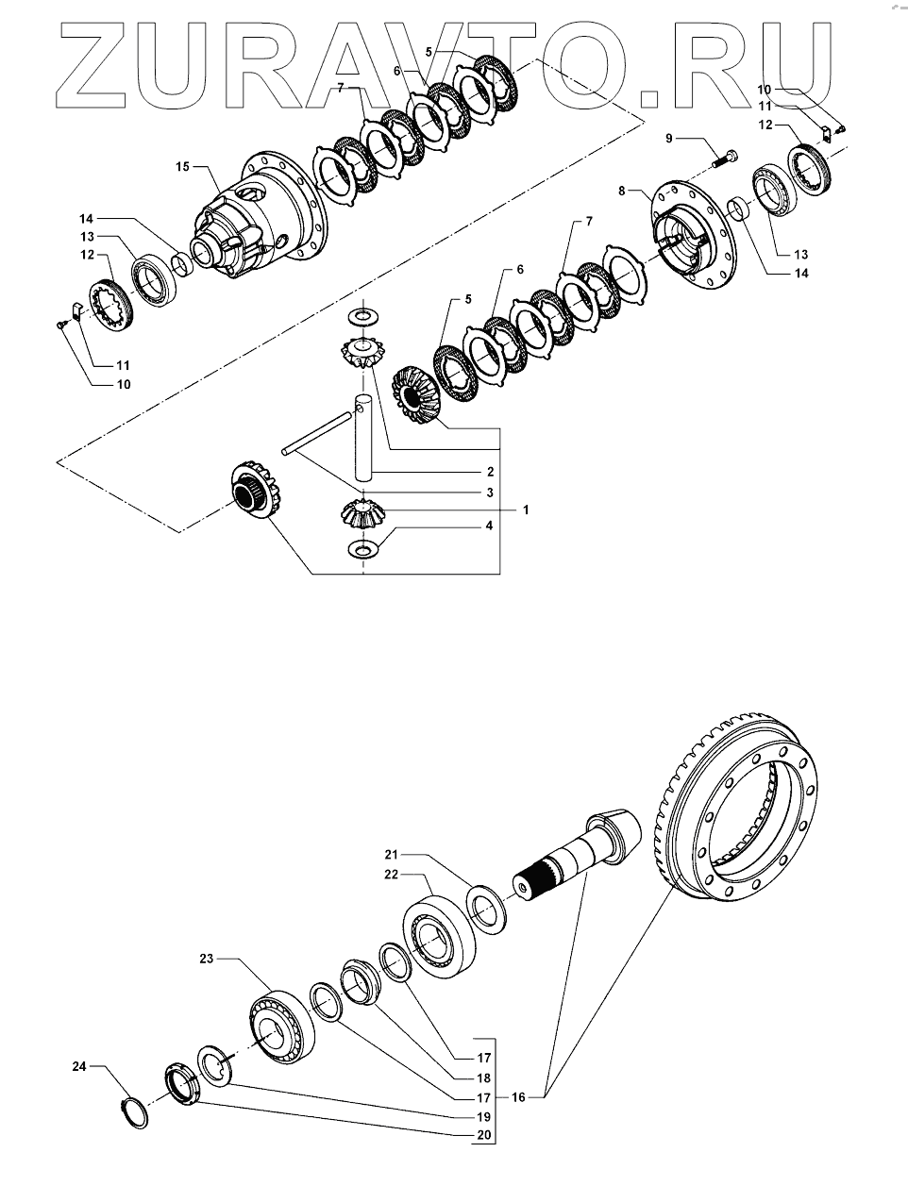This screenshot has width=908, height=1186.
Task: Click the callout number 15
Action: pyautogui.click(x=183, y=167)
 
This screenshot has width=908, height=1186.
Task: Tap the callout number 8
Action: pyautogui.click(x=622, y=192)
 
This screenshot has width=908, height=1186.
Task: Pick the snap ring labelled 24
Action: pyautogui.click(x=138, y=1111)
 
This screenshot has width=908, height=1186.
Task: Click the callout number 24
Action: pyautogui.click(x=80, y=1067)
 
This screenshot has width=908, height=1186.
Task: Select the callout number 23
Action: pyautogui.click(x=207, y=959)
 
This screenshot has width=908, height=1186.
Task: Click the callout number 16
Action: pyautogui.click(x=519, y=1097)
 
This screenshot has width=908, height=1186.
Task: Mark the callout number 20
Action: pyautogui.click(x=483, y=1135)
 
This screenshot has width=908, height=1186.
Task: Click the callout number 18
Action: pyautogui.click(x=483, y=1077)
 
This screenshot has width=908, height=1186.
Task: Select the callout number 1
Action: pyautogui.click(x=526, y=509)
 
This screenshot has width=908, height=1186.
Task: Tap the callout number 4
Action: pyautogui.click(x=489, y=526)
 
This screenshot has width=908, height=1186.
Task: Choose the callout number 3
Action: pyautogui.click(x=489, y=493)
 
